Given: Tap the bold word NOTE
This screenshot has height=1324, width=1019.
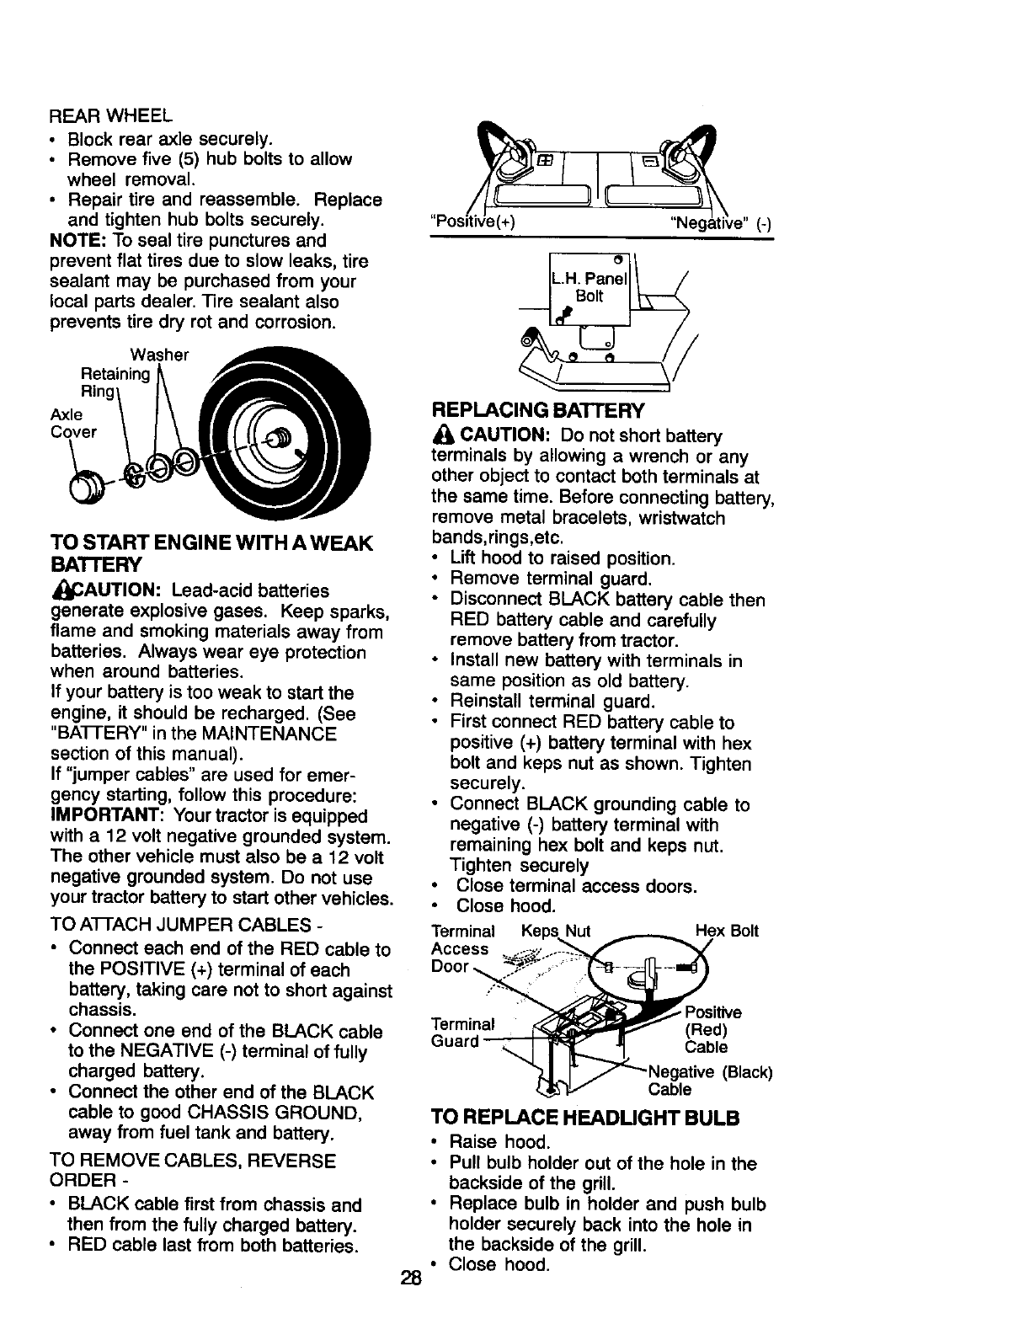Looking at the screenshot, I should [x=73, y=241].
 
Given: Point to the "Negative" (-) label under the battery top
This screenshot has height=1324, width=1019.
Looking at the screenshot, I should [x=720, y=223].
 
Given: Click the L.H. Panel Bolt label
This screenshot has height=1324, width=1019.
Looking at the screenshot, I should [x=590, y=288].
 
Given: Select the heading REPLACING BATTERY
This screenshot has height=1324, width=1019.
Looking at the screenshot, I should [x=537, y=411].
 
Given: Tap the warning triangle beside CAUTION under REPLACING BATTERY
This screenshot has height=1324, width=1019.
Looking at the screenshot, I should [x=443, y=436].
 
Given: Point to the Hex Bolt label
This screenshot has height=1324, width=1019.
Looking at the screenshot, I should [x=727, y=931].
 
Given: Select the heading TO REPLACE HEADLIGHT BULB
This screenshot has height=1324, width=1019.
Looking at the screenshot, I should [x=585, y=1118].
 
